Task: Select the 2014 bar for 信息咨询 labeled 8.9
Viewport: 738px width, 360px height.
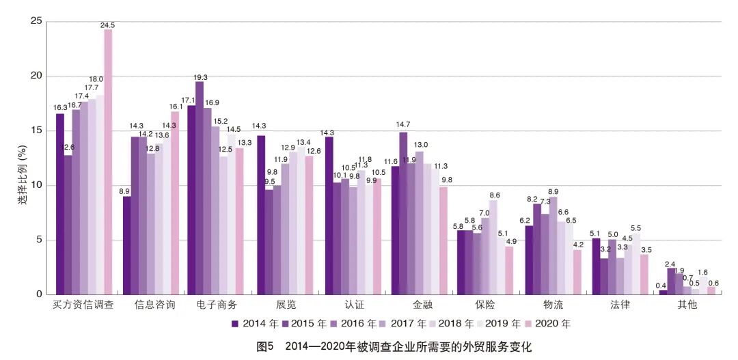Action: pyautogui.click(x=127, y=245)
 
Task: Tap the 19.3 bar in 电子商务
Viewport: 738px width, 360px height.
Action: pyautogui.click(x=199, y=188)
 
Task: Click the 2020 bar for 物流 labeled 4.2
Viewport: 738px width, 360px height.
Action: pyautogui.click(x=577, y=272)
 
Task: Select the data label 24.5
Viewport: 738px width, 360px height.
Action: pyautogui.click(x=107, y=25)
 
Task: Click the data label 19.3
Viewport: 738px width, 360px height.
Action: pyautogui.click(x=200, y=77)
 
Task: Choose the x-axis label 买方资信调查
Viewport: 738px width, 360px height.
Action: pyautogui.click(x=83, y=305)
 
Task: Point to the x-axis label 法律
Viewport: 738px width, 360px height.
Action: pyautogui.click(x=620, y=305)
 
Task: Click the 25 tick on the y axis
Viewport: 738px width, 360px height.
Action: pyautogui.click(x=37, y=21)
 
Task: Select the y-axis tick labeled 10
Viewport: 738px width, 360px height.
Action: pyautogui.click(x=37, y=185)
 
